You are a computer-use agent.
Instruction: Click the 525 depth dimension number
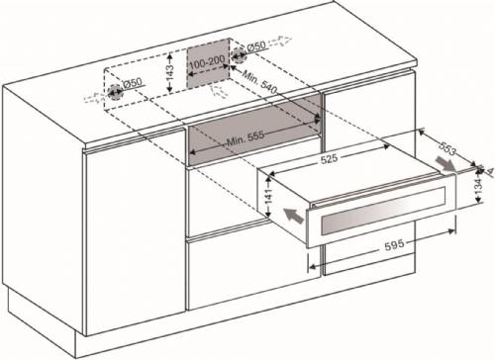(x=328, y=155)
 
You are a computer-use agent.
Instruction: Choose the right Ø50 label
(x=255, y=46)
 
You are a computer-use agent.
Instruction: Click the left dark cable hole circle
(x=116, y=94)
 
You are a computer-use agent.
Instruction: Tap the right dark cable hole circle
(x=239, y=58)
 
